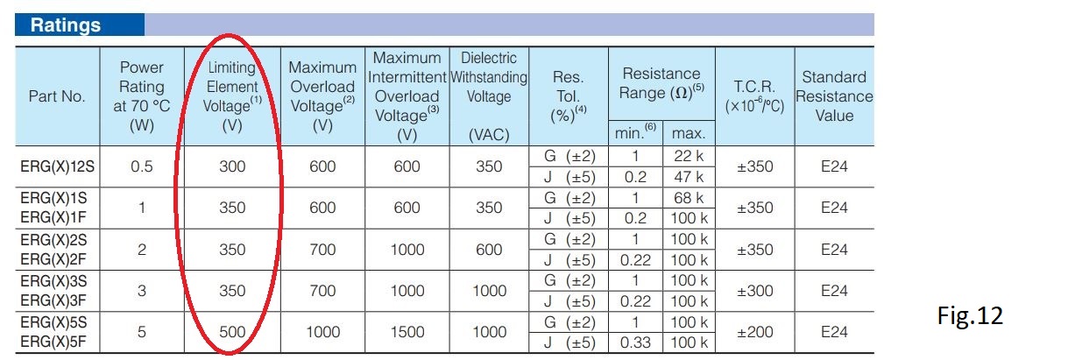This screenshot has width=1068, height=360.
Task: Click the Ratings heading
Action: point(66,25)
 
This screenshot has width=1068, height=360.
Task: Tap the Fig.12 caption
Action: point(970,315)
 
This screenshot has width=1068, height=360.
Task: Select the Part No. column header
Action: point(57,96)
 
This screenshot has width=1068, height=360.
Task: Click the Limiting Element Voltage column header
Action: point(232,96)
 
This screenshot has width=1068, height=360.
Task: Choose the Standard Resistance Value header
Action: point(834,96)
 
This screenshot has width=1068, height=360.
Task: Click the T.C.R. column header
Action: point(754,96)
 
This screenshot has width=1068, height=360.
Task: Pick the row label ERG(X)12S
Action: point(57,166)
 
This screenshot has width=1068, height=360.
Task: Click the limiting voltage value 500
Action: point(232,332)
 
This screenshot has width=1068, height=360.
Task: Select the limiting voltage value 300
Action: point(232,166)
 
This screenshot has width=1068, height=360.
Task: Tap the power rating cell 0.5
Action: point(142,166)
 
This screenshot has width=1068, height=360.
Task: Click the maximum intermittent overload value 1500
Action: point(407,332)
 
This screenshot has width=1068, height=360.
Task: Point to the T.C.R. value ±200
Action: point(754,332)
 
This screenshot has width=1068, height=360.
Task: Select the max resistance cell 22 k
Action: point(689,156)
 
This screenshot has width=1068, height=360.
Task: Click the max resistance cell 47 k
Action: point(689,177)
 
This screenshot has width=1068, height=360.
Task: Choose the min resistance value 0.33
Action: point(635,342)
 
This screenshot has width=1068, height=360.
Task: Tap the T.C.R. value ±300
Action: point(754,291)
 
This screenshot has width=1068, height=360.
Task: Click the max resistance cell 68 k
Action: point(689,197)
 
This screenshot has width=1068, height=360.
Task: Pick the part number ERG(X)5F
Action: point(53,342)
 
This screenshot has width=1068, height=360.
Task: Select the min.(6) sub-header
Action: point(635,132)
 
